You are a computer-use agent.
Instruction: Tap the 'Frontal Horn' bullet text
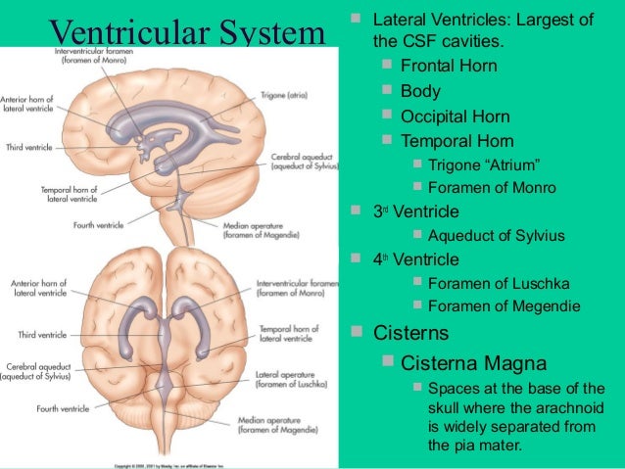[448, 67]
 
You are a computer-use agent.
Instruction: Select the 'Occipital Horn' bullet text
[456, 116]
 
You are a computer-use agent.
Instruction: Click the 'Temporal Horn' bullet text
[456, 141]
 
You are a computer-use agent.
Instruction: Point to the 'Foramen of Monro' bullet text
[492, 188]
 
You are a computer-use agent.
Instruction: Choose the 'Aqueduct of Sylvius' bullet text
[496, 236]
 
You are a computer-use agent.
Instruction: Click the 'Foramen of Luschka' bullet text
[499, 284]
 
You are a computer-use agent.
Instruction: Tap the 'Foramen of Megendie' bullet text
[504, 306]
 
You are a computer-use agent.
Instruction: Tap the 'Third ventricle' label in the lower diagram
[41, 335]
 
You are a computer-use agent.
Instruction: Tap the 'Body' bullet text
[420, 91]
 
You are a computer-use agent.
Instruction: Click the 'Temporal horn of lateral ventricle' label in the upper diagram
[70, 194]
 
